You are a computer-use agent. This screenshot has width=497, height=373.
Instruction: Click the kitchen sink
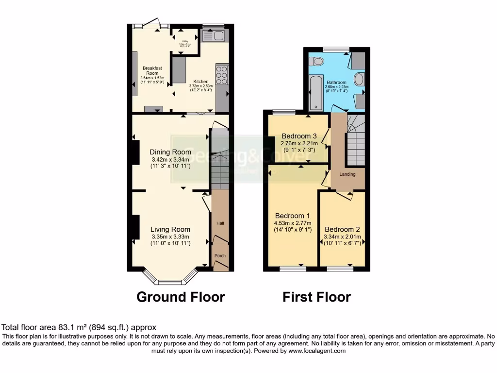(214, 35)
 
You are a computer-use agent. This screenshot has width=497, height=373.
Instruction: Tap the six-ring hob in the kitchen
(222, 75)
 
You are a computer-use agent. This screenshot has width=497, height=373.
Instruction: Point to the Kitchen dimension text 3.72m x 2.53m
(201, 86)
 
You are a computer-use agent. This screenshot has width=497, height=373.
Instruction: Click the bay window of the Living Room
(170, 280)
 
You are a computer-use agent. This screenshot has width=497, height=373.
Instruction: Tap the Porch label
(220, 255)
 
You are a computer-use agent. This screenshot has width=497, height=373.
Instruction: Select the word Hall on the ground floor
(220, 223)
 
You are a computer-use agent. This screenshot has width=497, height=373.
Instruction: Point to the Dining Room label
(170, 152)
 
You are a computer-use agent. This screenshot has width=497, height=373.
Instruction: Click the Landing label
(348, 174)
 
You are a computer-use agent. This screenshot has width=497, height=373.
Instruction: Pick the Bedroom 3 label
(299, 136)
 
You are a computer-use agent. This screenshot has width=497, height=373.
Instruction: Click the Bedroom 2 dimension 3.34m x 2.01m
(342, 237)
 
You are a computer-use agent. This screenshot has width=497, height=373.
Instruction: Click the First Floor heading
(316, 297)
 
